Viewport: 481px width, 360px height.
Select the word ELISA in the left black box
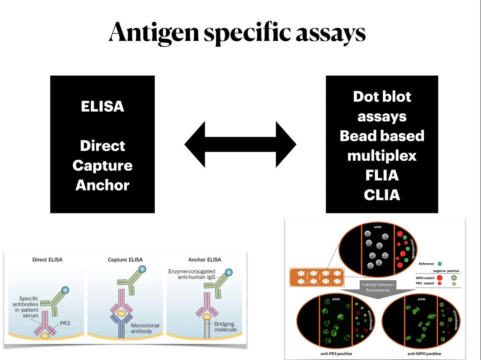(103, 107)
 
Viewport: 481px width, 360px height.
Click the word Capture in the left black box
(103, 165)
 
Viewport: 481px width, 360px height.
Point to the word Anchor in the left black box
(103, 185)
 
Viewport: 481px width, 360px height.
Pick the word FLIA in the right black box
(382, 175)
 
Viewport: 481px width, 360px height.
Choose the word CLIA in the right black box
(382, 195)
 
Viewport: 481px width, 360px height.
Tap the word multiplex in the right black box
(382, 155)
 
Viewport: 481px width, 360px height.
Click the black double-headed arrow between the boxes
(240, 144)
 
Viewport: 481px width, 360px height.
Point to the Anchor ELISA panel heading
(205, 259)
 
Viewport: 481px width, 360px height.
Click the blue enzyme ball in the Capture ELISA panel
(141, 269)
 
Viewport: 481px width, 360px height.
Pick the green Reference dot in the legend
(440, 264)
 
